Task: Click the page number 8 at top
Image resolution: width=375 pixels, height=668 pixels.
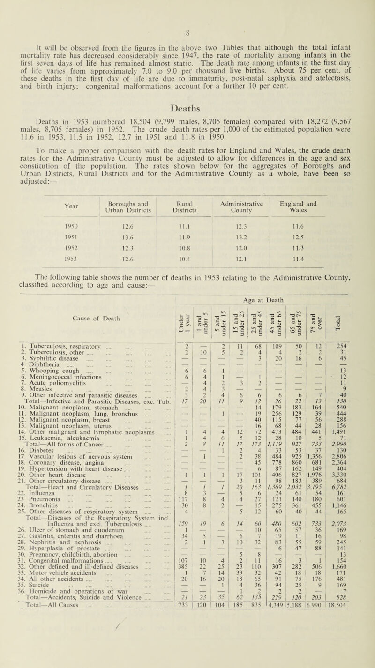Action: pyautogui.click(x=187, y=7)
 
